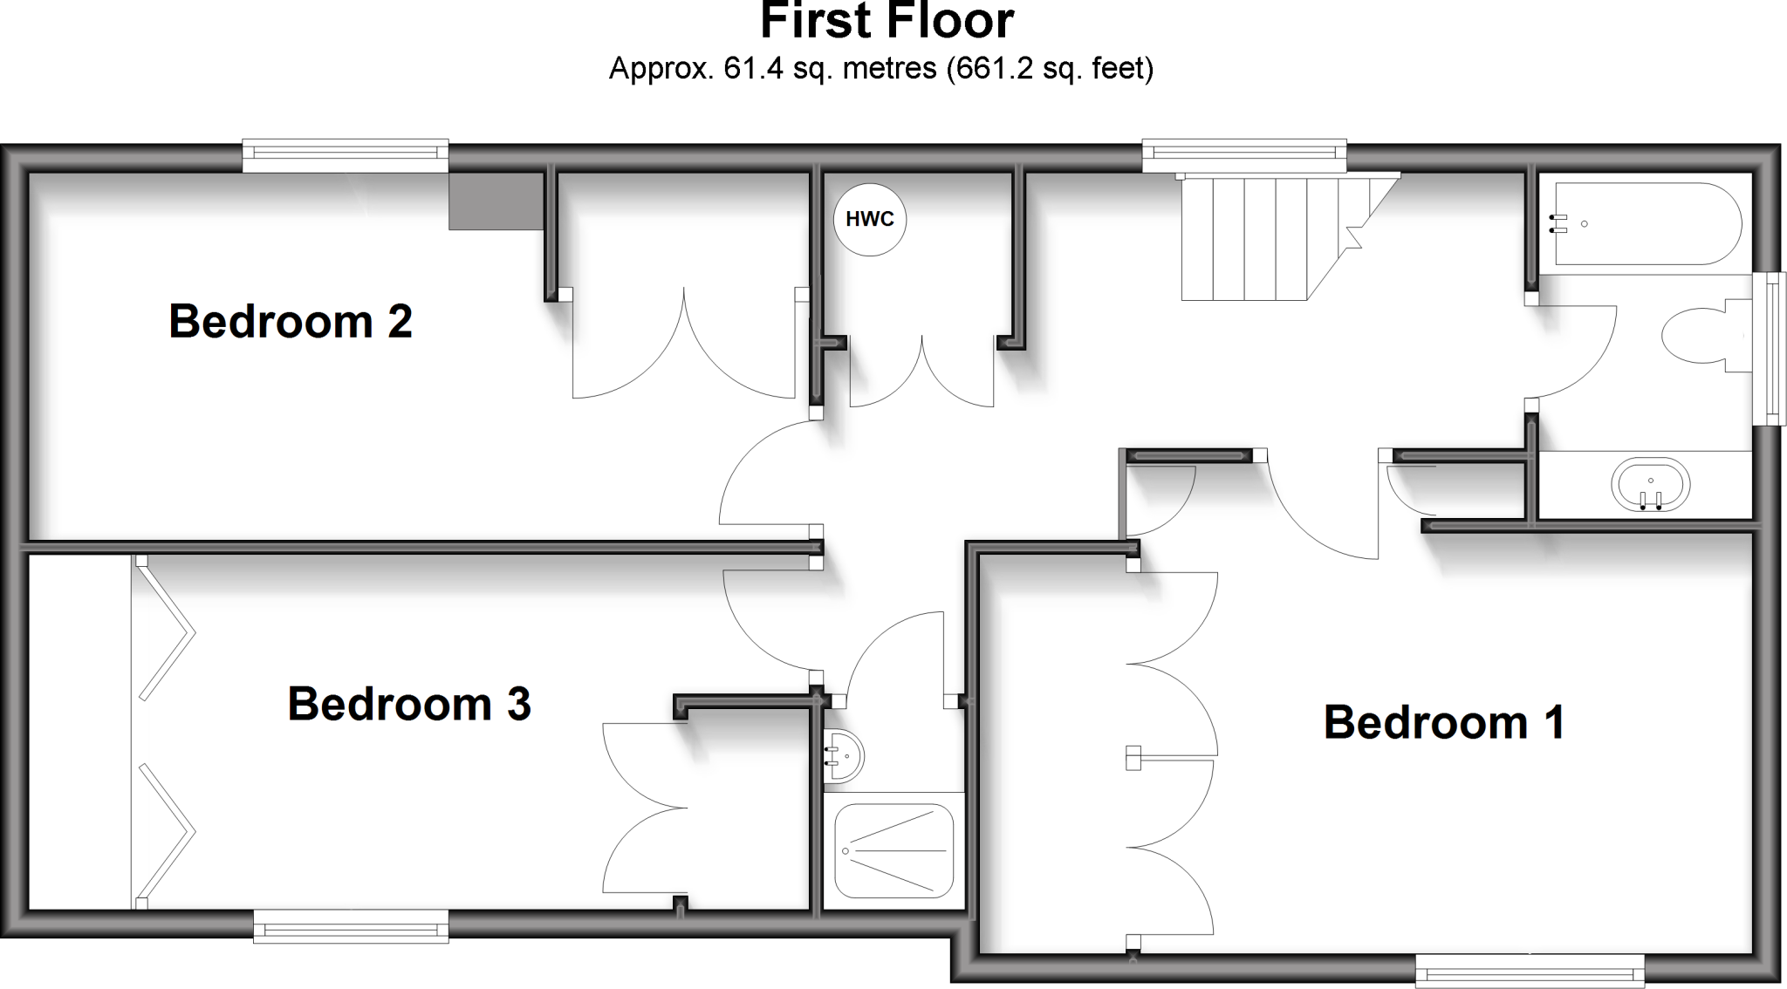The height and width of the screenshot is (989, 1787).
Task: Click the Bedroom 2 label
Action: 291,321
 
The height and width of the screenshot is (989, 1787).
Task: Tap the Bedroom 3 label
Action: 409,704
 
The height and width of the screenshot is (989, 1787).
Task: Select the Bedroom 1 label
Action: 1444,722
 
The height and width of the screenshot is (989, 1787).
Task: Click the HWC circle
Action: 870,220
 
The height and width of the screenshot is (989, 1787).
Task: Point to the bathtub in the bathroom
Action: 1645,223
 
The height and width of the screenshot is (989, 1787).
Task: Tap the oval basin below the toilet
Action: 1650,484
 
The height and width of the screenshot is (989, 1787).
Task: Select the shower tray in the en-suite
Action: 893,850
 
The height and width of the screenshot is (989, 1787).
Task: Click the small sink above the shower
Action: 844,755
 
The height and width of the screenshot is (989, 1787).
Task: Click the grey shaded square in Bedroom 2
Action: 496,201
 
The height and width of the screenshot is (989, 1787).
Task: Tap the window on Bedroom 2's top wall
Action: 345,155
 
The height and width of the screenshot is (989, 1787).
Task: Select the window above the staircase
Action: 1245,155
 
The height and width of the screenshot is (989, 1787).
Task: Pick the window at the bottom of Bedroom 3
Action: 351,926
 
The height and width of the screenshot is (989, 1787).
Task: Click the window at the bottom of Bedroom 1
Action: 1529,971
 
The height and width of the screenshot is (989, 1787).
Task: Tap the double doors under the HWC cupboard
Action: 921,375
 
